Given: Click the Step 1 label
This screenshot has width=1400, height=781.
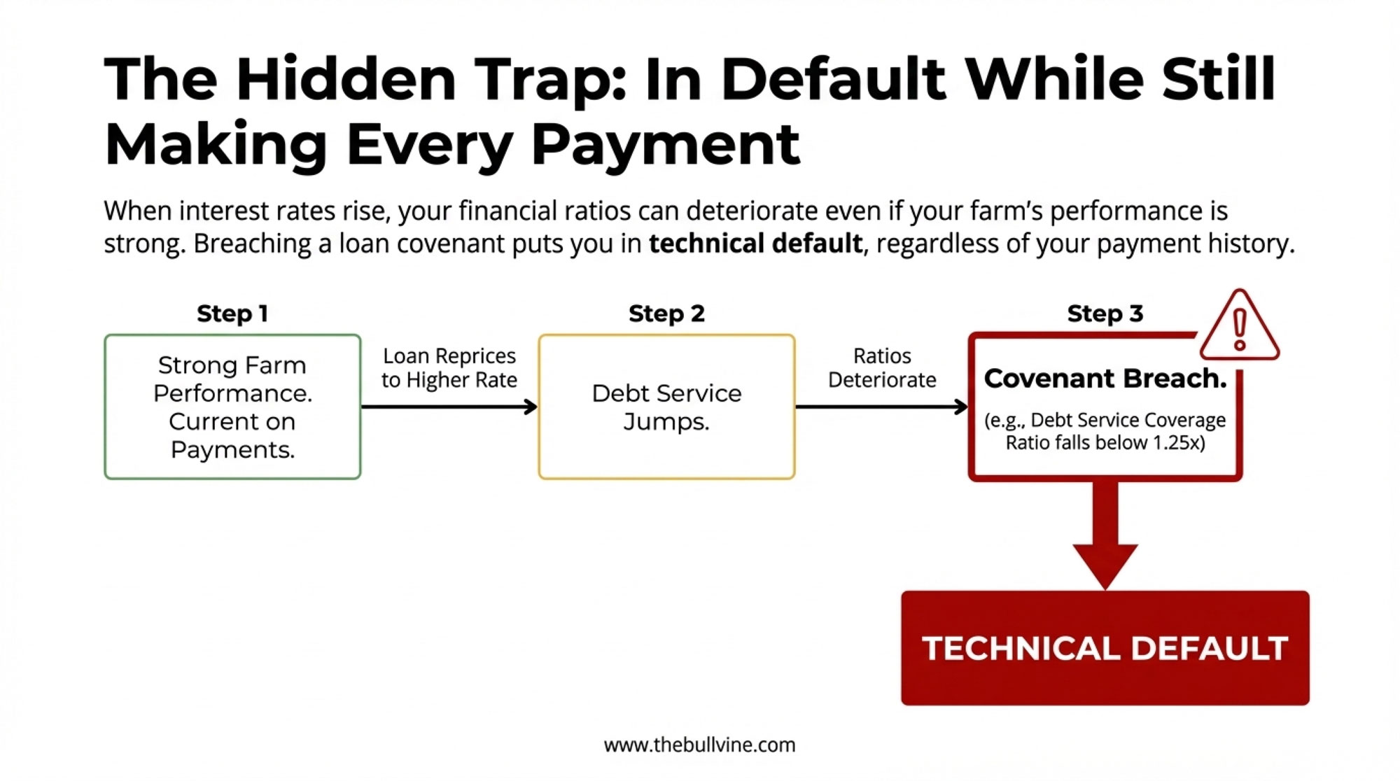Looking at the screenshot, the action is pos(232,314).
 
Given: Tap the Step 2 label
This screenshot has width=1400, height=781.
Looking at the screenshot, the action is pos(666,314).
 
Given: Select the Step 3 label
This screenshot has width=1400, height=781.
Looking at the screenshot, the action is pos(1105,314).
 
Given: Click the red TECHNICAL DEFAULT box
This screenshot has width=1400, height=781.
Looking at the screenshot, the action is pos(1105,648).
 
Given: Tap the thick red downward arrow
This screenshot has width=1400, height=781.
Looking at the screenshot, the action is pos(1105,535).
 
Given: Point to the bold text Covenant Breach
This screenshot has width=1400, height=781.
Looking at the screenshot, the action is pos(1105,379).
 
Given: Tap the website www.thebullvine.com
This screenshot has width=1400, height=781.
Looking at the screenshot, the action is pos(700,745).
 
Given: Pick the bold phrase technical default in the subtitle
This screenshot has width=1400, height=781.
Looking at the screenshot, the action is pos(755,244).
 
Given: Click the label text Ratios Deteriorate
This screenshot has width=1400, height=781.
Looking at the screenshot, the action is pos(882,367).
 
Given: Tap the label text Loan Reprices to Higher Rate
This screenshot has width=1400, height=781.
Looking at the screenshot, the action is pos(449,367).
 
